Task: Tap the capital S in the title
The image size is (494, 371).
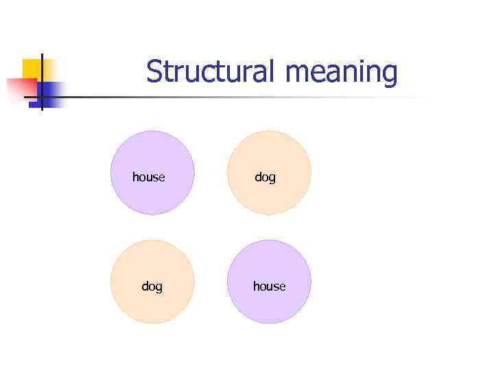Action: click(x=154, y=71)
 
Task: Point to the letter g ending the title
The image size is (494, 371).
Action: click(x=390, y=75)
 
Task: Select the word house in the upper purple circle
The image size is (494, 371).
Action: click(x=149, y=177)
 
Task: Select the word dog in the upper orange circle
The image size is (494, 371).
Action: click(x=265, y=177)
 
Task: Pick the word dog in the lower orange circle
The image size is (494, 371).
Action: click(x=152, y=286)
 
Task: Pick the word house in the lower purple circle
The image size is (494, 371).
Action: click(x=269, y=286)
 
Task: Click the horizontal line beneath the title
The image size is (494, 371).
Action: click(x=240, y=97)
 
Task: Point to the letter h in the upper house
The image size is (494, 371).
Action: click(x=135, y=177)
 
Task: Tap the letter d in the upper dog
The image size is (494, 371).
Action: click(x=258, y=177)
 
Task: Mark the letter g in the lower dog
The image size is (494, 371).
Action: click(x=159, y=287)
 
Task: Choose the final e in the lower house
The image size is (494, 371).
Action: click(x=283, y=286)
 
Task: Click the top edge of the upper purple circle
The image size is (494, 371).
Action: click(x=152, y=131)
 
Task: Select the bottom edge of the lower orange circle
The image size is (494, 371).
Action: click(x=152, y=323)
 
